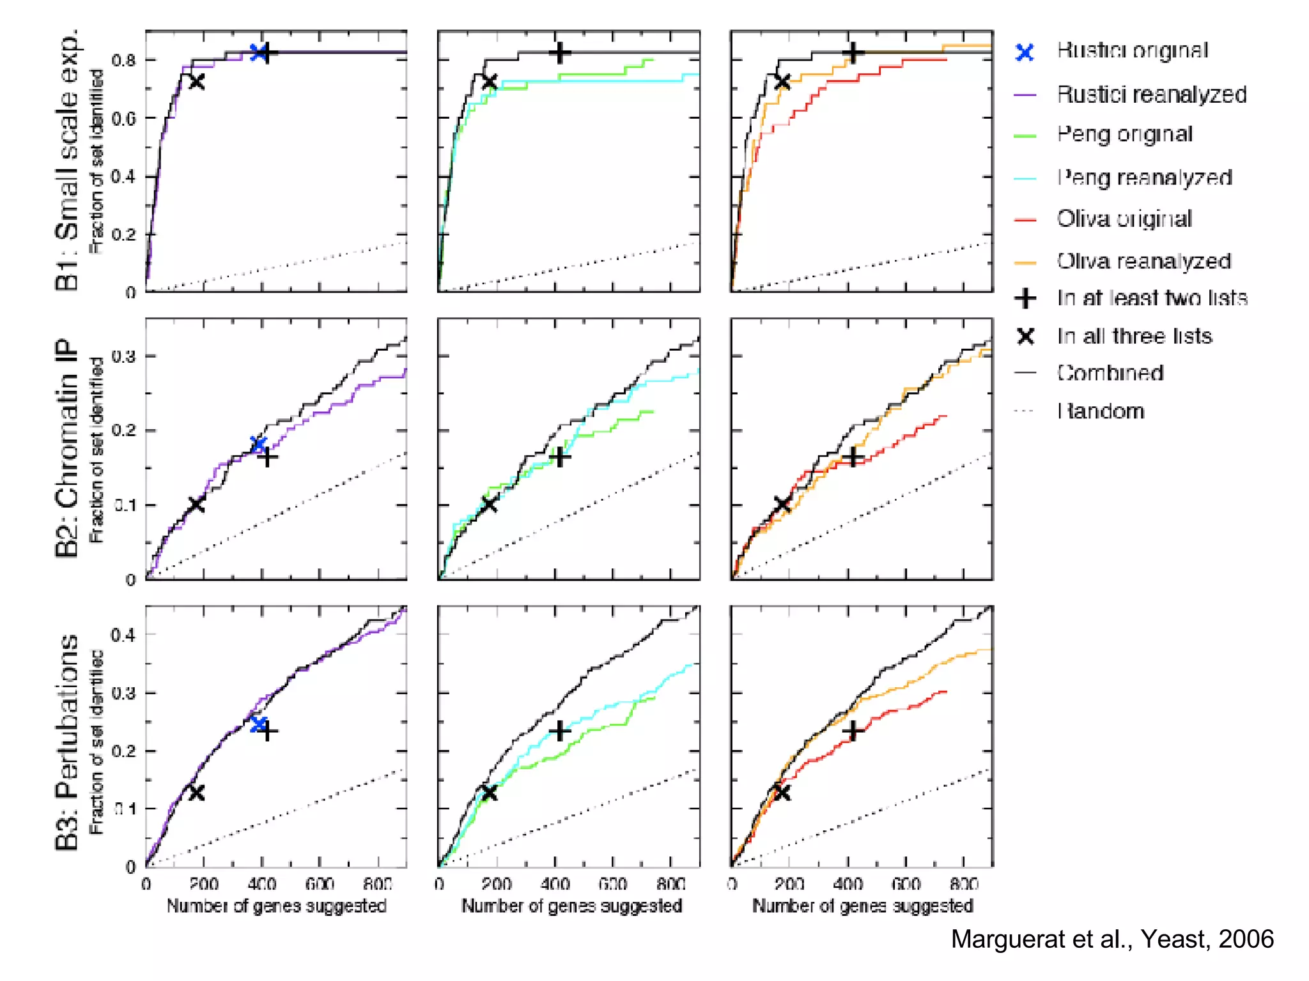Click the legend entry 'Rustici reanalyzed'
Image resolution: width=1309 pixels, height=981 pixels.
click(1151, 95)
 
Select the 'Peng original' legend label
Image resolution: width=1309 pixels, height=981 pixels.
click(1124, 134)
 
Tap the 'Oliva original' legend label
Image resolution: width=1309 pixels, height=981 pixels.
click(1124, 218)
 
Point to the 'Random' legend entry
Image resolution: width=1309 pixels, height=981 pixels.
click(1100, 411)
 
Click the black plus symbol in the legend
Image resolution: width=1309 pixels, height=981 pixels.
click(1025, 298)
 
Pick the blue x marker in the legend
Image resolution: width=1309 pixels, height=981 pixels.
click(1025, 52)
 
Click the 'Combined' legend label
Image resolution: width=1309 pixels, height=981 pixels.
click(1110, 372)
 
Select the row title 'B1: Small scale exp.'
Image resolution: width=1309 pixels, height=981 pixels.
click(67, 160)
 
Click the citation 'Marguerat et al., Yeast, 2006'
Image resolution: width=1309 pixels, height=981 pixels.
click(1112, 939)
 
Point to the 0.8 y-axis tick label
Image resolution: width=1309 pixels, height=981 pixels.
click(123, 61)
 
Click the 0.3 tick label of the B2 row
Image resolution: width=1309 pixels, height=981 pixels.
click(123, 356)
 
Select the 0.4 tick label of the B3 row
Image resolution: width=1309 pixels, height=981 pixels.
click(123, 635)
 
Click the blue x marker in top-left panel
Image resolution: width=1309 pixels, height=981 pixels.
click(258, 52)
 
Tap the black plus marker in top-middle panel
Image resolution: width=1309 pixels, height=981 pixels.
click(560, 52)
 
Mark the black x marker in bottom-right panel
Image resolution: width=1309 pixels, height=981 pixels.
click(782, 793)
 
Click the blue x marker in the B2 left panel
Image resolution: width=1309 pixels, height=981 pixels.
click(258, 444)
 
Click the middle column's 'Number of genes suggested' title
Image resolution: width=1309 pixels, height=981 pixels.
click(571, 906)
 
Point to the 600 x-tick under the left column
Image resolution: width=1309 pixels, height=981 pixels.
click(320, 884)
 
